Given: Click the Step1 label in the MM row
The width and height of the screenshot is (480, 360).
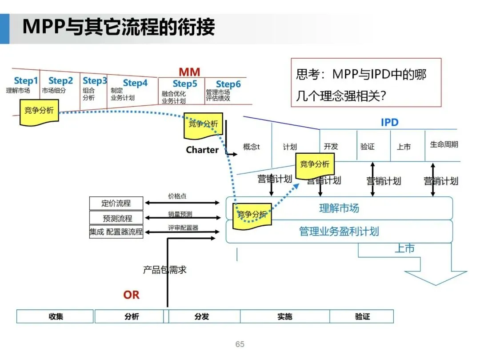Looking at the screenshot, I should click(26, 81).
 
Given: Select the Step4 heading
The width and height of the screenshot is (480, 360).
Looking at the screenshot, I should click(135, 83).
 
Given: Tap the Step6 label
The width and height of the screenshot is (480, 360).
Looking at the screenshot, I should click(228, 84).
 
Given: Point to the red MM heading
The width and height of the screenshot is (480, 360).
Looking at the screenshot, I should click(189, 72).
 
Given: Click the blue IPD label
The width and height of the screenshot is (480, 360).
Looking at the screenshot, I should click(389, 123).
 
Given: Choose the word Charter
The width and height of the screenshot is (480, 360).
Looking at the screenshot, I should click(202, 150).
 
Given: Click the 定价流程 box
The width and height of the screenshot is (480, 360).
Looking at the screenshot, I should click(116, 204).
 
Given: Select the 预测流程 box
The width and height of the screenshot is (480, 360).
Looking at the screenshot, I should click(117, 218).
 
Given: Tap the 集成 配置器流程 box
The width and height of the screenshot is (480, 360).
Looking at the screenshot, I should click(116, 232).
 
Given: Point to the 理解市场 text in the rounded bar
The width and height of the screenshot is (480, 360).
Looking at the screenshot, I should click(339, 208).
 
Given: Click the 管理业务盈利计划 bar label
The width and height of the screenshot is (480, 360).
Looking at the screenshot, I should click(339, 232).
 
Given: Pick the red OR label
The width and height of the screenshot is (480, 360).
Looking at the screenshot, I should click(131, 295).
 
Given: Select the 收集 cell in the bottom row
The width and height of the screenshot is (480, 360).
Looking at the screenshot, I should click(56, 316).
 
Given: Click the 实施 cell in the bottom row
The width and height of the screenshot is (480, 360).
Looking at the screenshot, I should click(284, 316).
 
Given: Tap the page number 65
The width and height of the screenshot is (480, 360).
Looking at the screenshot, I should click(240, 344).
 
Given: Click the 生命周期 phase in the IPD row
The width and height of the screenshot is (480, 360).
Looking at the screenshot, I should click(444, 144).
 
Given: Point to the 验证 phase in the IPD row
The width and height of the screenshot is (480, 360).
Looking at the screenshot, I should click(368, 147).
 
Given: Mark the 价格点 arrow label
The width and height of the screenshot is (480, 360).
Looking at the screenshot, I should click(177, 196).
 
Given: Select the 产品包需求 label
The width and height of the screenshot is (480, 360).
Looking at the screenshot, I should click(165, 270).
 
